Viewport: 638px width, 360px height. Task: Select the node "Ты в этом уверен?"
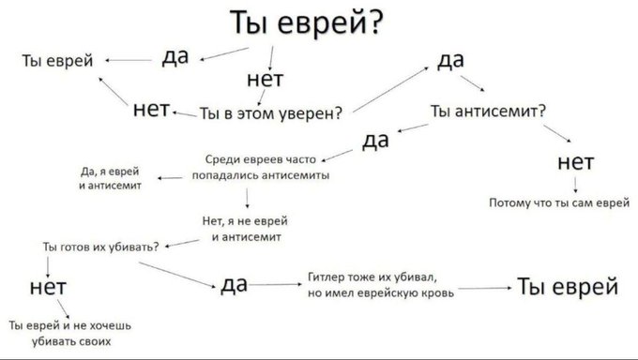(271, 113)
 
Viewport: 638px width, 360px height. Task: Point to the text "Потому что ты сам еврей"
(558, 202)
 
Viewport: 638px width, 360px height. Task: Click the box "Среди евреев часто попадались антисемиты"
(260, 167)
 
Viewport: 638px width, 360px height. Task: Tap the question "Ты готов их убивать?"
(100, 246)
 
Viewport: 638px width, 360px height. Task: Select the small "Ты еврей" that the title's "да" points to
(57, 61)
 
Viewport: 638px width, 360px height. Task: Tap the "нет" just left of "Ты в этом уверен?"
(151, 111)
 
